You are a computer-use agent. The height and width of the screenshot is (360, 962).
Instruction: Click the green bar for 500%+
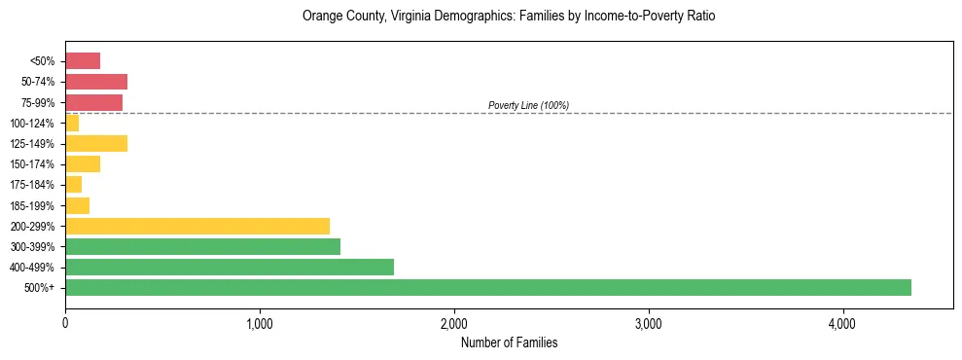tap(487, 288)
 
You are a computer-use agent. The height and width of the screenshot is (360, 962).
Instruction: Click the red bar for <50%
tap(83, 61)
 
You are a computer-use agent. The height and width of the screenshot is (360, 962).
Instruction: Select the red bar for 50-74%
tap(96, 82)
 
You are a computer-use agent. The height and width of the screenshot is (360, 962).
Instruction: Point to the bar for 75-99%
tap(93, 102)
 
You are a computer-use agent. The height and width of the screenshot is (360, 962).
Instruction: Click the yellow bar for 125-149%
tap(96, 144)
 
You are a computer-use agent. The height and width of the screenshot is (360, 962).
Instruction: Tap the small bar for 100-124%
tap(72, 124)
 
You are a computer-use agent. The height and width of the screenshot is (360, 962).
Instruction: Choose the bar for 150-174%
tap(83, 164)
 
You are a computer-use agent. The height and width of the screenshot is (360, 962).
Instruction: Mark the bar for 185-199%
tap(77, 205)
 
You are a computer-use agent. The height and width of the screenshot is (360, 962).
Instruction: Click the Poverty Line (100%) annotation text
tap(528, 105)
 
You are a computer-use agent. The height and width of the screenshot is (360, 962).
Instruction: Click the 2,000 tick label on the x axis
tap(454, 324)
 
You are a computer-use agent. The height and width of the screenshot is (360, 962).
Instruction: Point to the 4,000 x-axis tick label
tap(842, 324)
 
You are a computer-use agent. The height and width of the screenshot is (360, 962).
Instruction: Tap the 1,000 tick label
tap(260, 324)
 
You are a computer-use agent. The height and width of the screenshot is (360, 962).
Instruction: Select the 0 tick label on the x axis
tap(65, 324)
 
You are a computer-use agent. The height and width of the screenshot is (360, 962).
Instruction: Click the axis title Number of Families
tap(509, 343)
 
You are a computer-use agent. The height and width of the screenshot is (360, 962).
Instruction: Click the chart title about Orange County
tap(509, 17)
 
